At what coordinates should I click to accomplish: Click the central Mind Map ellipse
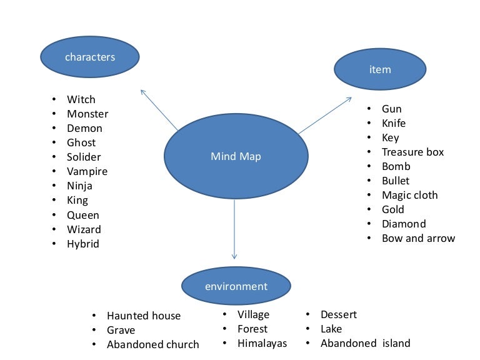point(236,156)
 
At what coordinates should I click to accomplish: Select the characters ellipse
point(90,57)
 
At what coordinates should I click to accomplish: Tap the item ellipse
point(380,69)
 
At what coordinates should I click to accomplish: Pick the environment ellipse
point(236,287)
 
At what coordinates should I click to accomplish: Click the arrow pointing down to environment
point(234,231)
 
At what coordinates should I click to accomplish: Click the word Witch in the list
point(81,99)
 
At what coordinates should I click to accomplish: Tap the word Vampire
point(87,171)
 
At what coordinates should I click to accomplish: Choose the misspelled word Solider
point(84,157)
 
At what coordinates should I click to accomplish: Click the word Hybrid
point(83,244)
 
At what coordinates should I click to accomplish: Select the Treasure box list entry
point(412,152)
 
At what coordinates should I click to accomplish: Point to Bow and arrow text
point(418,238)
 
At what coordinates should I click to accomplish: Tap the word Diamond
point(404,224)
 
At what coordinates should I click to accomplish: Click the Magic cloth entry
point(409,195)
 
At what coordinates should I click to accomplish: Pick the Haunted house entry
point(143,316)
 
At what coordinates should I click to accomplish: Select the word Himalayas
point(262,343)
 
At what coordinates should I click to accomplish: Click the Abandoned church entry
point(152,344)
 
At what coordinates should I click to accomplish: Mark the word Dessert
point(338,314)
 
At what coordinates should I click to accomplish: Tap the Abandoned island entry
point(365,343)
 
